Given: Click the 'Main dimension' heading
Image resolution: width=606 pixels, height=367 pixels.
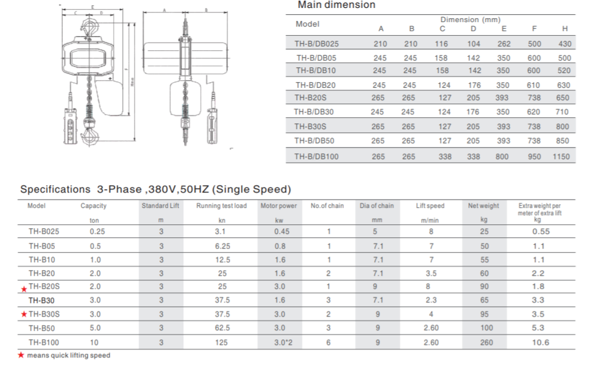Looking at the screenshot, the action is click(336, 5).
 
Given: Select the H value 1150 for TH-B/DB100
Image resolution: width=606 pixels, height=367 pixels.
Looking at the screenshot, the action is click(561, 156).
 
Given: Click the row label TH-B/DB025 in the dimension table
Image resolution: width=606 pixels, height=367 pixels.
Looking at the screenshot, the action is click(316, 44).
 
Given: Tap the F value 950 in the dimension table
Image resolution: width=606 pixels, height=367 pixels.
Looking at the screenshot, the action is click(534, 156).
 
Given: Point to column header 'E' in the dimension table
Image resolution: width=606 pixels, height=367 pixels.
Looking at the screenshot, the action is click(504, 29).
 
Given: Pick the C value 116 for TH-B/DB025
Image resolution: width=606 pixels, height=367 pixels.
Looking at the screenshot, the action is click(441, 44).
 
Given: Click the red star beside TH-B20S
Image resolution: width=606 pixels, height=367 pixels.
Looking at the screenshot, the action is click(24, 289).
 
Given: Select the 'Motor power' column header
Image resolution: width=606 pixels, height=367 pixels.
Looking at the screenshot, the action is click(278, 206).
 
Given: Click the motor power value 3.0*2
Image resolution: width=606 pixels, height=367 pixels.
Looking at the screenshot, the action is click(283, 342).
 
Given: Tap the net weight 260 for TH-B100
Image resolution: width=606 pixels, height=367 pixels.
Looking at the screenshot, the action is click(486, 342).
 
